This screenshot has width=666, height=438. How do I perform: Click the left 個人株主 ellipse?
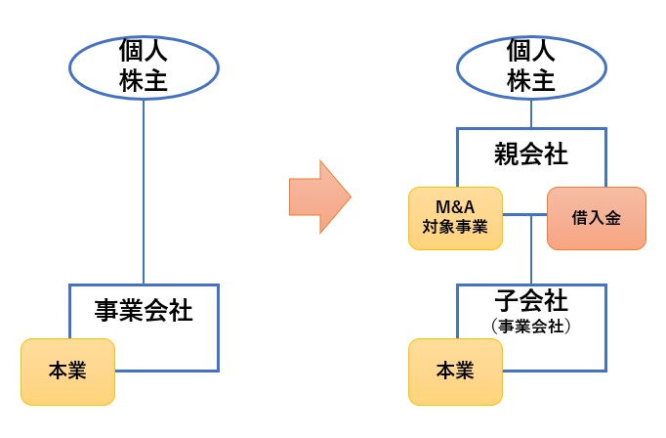point(144,66)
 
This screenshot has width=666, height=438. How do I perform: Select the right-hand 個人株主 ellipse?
point(531,66)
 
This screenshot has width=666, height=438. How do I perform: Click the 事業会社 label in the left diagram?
point(144,311)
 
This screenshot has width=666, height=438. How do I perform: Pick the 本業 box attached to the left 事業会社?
point(67,372)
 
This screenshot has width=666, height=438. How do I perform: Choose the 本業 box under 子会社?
point(455,372)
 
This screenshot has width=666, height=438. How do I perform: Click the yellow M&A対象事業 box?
point(454,218)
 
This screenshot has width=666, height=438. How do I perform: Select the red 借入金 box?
point(597,218)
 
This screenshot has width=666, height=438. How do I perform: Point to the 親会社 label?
point(531,153)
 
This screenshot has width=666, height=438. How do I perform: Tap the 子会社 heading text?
point(531,298)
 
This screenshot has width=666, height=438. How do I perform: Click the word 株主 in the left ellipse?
point(144,81)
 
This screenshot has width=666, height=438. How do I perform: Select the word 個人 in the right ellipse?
point(531,49)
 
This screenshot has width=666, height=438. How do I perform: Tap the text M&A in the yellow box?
point(454,207)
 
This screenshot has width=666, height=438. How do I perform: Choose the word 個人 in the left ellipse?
point(144,49)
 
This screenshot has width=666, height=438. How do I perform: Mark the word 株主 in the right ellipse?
point(531,81)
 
